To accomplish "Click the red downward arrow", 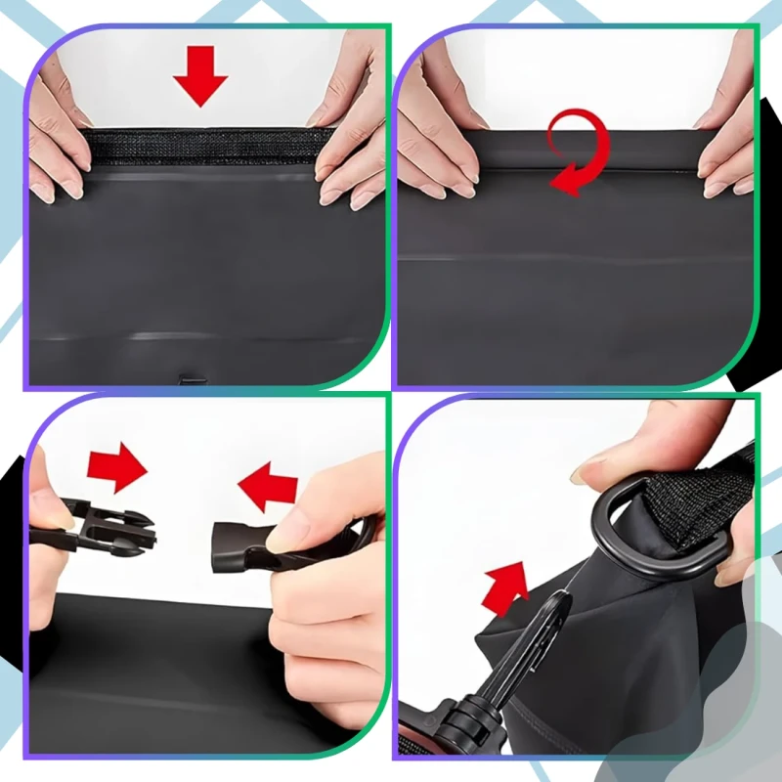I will [200, 75].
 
